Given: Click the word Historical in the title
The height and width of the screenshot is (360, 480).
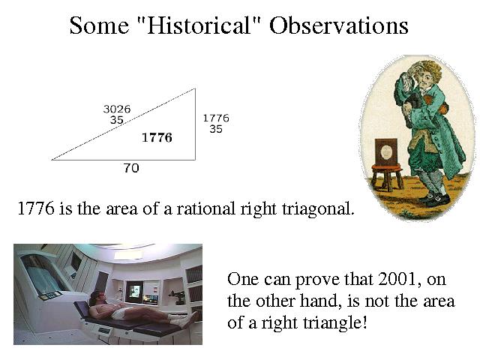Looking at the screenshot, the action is pyautogui.click(x=199, y=25).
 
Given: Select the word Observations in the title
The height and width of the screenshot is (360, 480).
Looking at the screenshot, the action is pyautogui.click(x=338, y=25).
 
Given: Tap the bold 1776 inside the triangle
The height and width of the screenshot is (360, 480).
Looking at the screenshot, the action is pyautogui.click(x=157, y=138).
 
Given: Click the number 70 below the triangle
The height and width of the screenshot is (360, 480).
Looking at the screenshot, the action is pyautogui.click(x=131, y=168).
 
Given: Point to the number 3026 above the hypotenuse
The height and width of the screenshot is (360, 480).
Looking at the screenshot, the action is pyautogui.click(x=117, y=109).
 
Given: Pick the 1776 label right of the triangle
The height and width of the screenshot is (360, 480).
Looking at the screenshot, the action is pyautogui.click(x=216, y=118).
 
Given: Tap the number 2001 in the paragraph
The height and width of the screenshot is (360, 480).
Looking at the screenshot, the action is pyautogui.click(x=397, y=279).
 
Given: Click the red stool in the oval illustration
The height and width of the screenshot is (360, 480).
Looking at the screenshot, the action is pyautogui.click(x=387, y=177).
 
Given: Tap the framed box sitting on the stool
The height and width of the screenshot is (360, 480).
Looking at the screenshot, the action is pyautogui.click(x=387, y=151).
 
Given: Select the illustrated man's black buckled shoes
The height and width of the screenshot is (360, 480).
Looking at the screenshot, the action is pyautogui.click(x=435, y=198).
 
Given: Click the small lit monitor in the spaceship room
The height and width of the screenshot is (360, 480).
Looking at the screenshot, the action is pyautogui.click(x=135, y=291).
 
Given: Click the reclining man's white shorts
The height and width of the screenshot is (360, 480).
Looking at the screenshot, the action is pyautogui.click(x=121, y=313).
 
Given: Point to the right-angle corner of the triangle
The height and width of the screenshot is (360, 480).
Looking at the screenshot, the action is pyautogui.click(x=195, y=160).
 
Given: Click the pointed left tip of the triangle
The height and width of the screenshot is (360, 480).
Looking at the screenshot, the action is pyautogui.click(x=52, y=160).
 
